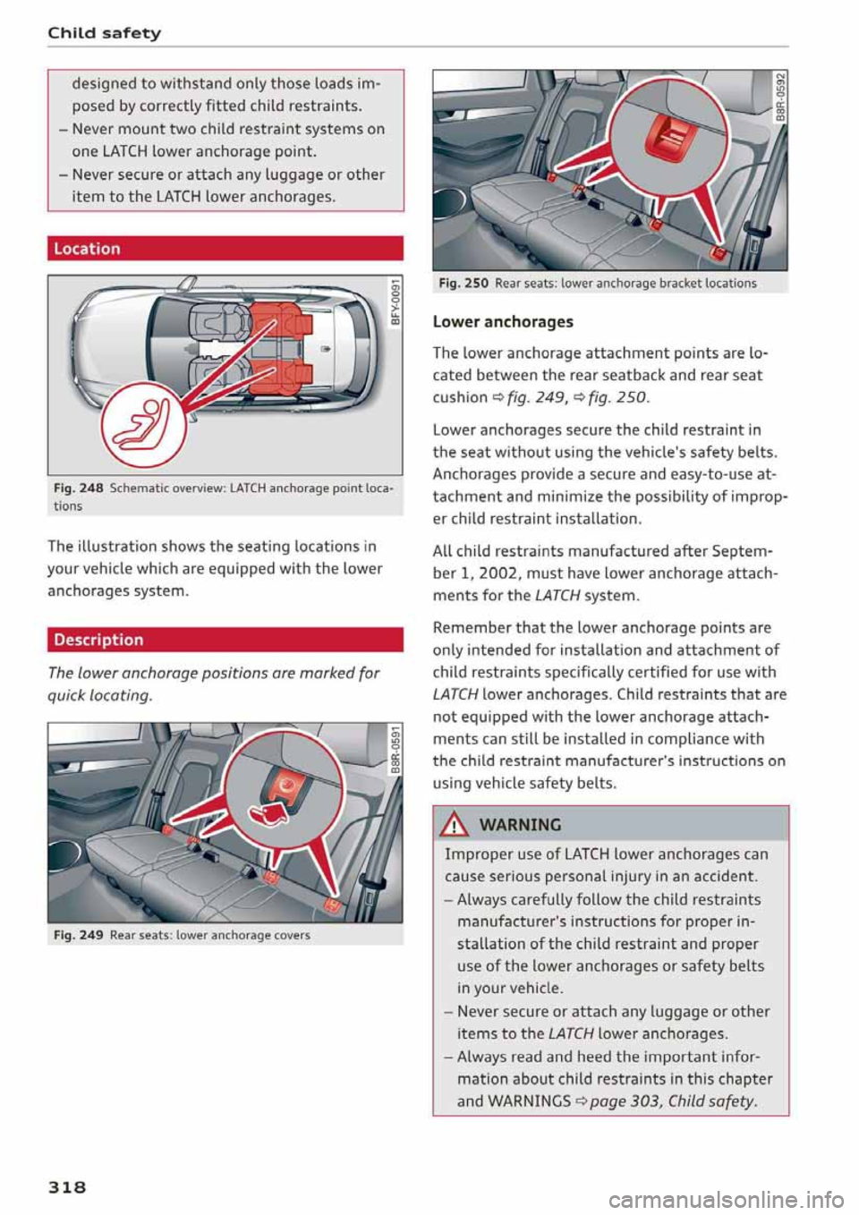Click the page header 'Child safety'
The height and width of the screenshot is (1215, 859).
tap(105, 33)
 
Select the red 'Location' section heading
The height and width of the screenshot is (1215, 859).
tap(87, 249)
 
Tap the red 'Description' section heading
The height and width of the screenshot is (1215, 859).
tap(98, 640)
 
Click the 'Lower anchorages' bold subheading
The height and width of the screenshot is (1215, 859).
tap(503, 322)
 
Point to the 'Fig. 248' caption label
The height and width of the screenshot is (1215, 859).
tap(78, 488)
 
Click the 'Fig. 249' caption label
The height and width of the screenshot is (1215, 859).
tap(78, 935)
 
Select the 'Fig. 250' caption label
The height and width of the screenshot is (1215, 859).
tap(463, 284)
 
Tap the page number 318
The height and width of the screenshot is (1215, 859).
tap(67, 1186)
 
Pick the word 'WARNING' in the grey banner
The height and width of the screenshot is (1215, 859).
tap(520, 825)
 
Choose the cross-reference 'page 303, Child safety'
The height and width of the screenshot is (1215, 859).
tap(673, 1101)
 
